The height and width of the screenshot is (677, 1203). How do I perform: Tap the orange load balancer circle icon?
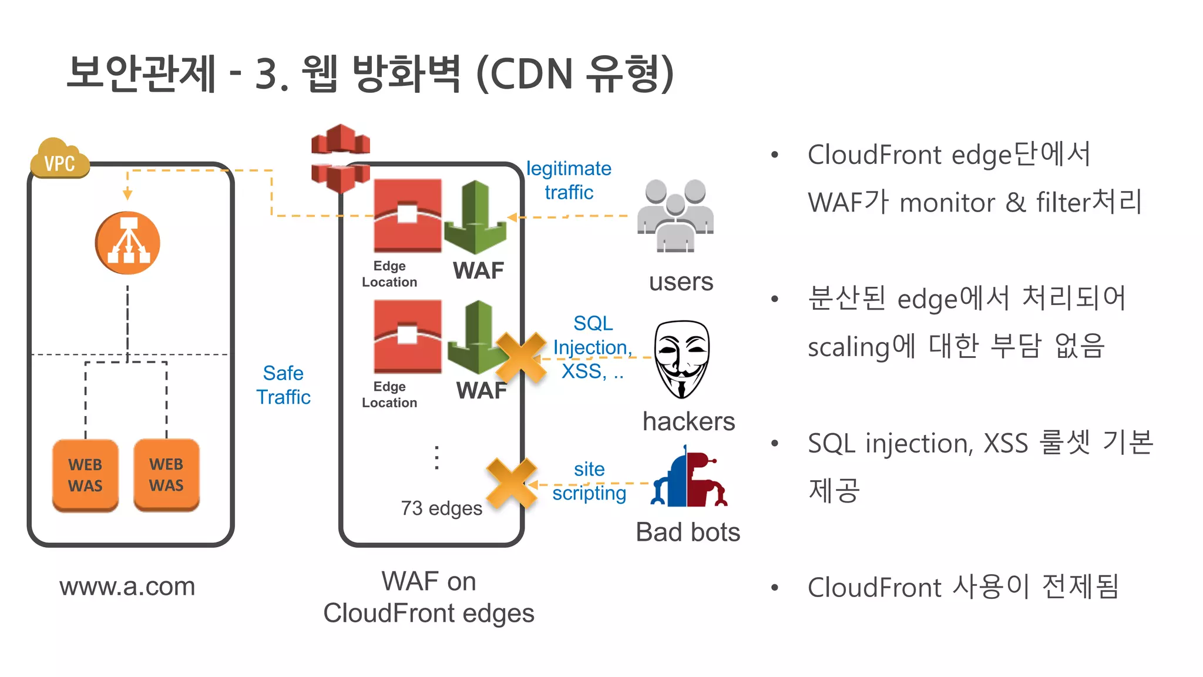pos(127,243)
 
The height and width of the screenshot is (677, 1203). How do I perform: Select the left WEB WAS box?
pos(85,475)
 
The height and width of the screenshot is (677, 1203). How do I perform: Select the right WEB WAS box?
pos(166,474)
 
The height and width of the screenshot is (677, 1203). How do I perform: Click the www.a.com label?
pos(127,586)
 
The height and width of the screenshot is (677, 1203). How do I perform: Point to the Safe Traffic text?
pos(283,385)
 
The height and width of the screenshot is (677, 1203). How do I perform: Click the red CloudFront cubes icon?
pos(340,157)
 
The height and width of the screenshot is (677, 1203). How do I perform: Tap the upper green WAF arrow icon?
pos(475,218)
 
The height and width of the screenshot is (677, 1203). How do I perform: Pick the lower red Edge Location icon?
pos(408,336)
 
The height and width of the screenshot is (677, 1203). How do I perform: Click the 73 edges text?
pos(441,508)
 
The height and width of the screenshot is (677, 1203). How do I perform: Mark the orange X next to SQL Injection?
pos(520,357)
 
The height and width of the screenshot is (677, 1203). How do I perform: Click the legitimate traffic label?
pos(569,180)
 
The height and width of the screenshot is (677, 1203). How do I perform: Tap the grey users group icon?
pos(676,215)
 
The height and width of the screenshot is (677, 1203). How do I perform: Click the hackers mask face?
pos(681,358)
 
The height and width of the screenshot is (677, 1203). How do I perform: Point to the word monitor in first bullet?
pos(947,203)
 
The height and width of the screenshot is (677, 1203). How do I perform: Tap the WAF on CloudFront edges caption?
pos(429,597)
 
